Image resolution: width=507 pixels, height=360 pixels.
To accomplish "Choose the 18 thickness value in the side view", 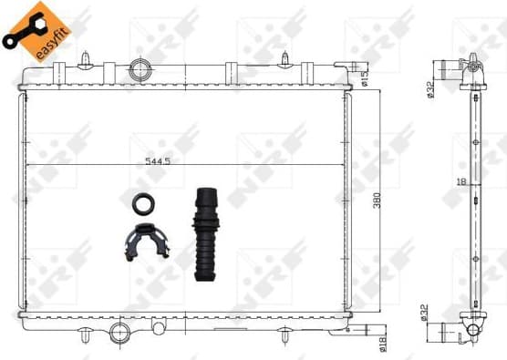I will point(463,181).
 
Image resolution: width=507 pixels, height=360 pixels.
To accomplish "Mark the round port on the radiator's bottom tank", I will point(119,333).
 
